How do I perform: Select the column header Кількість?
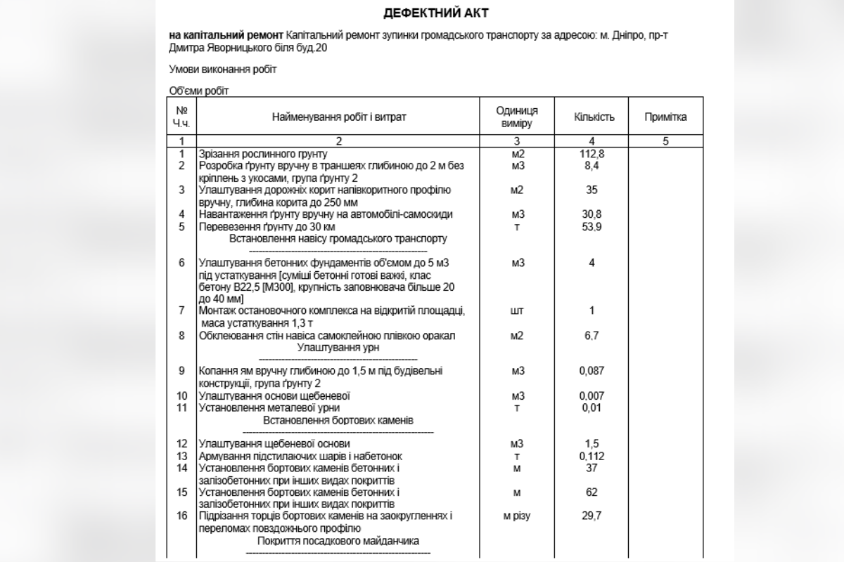pyautogui.click(x=594, y=117)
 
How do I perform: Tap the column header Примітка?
pyautogui.click(x=665, y=117)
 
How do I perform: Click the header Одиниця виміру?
pyautogui.click(x=517, y=117)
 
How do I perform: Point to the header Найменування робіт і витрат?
pyautogui.click(x=339, y=117)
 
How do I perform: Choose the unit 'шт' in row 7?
pyautogui.click(x=517, y=311)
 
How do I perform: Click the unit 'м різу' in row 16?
pyautogui.click(x=517, y=516)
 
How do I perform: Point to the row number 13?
pyautogui.click(x=182, y=456)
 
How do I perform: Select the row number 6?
pyautogui.click(x=182, y=263)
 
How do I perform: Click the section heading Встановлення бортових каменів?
pyautogui.click(x=338, y=420)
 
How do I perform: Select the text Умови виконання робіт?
pyautogui.click(x=223, y=69)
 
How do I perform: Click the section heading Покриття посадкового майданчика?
pyautogui.click(x=338, y=541)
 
